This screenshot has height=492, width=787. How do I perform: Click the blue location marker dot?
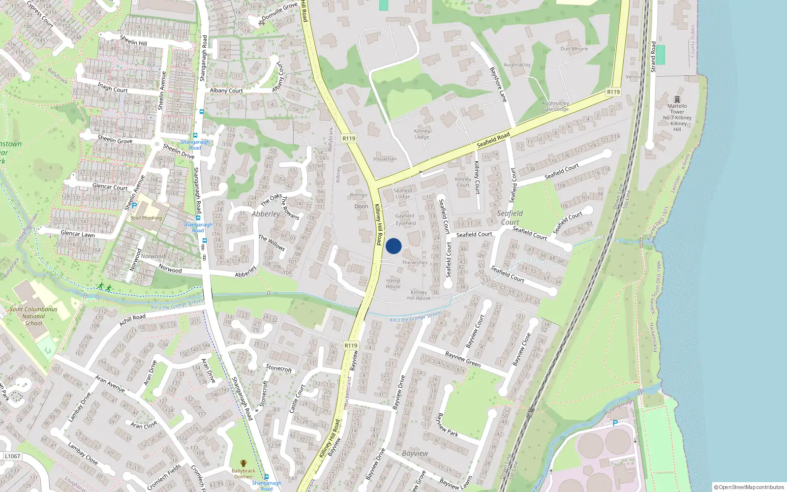(x=393, y=246)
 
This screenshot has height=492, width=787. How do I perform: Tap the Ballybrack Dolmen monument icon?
(x=243, y=463)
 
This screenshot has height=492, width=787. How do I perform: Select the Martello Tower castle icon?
(x=677, y=99)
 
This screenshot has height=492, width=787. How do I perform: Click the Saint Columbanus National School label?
(x=33, y=316)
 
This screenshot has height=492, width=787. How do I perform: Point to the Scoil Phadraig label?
(x=146, y=218)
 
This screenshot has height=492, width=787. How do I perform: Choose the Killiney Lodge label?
(x=422, y=134)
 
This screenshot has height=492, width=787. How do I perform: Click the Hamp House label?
(x=393, y=283)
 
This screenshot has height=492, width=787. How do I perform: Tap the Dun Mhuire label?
(x=574, y=49)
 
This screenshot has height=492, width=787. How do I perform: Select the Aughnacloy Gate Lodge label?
(x=555, y=106)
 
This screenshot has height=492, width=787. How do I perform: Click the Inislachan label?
(x=385, y=159)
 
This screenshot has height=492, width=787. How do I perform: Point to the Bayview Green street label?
(x=462, y=360)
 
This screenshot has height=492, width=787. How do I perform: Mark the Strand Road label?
(x=653, y=57)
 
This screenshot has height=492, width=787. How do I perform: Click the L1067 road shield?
(x=12, y=456)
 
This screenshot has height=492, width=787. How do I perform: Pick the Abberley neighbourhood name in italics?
(x=266, y=214)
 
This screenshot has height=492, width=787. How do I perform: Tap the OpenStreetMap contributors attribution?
(x=749, y=487)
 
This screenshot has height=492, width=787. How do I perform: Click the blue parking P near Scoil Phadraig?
(x=134, y=206)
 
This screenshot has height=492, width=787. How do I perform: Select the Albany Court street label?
(x=226, y=91)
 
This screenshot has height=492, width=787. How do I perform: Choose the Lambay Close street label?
(x=83, y=454)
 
